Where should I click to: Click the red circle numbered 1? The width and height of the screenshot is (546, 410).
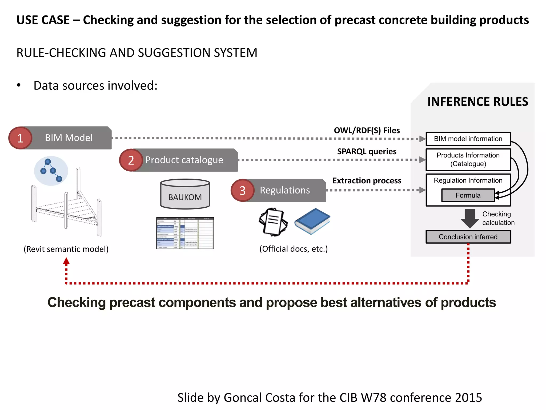pos(20,138)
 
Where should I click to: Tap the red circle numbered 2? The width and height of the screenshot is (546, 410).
pos(131,160)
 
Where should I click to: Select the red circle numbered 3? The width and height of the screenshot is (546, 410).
pos(242,190)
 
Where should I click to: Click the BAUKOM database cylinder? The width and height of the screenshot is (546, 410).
pos(185,194)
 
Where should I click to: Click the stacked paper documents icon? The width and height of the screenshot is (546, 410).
pos(273,222)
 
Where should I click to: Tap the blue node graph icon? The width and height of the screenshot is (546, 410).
pos(51,171)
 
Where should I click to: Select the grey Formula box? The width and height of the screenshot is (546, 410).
pos(468,195)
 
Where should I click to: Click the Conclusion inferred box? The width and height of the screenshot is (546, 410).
pos(468,237)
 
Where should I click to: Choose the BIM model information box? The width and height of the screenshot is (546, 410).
pos(468,139)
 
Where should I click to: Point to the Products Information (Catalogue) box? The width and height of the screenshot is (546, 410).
pos(468,160)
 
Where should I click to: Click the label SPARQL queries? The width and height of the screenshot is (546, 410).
pos(367,152)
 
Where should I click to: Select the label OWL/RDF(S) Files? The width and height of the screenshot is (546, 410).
pos(367,131)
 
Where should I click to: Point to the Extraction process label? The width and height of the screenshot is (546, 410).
pos(367,181)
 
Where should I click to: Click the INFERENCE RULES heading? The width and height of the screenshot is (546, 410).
pos(477,102)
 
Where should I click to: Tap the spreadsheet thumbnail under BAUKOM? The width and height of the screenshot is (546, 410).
pos(185,233)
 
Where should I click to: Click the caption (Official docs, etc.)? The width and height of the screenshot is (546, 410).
pos(293,249)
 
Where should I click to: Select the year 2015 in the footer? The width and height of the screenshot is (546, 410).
pos(468,397)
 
